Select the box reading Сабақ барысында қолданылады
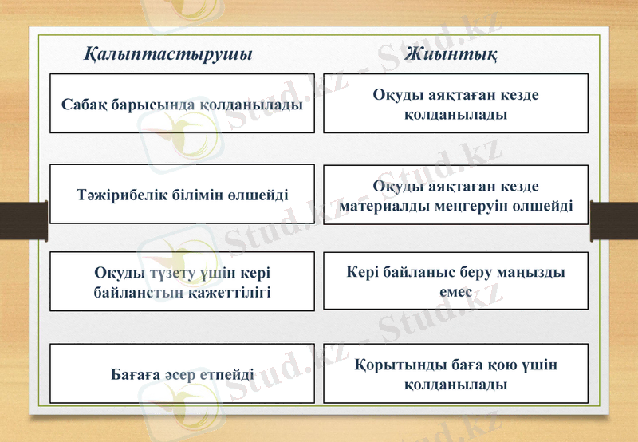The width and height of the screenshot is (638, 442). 182,104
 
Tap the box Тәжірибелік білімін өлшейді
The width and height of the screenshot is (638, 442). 182,194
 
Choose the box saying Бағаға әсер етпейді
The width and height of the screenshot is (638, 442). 182,373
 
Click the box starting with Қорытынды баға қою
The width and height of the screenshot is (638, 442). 455,373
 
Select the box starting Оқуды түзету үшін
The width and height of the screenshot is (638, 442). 182,282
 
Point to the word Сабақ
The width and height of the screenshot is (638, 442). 84,105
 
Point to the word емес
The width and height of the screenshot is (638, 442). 455,292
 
